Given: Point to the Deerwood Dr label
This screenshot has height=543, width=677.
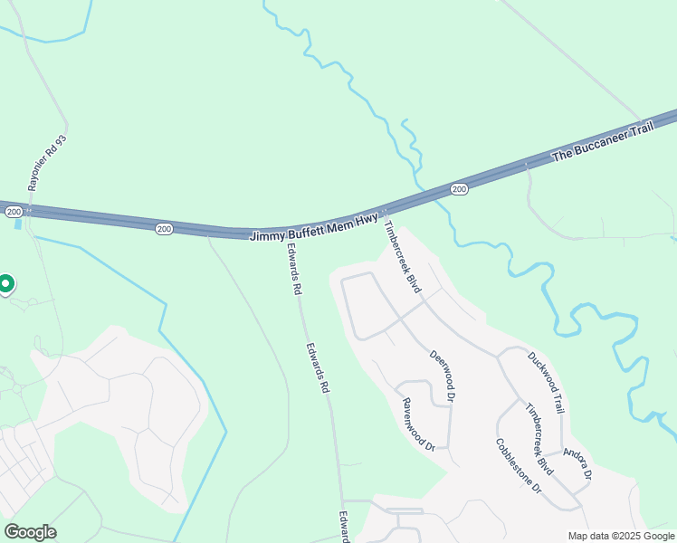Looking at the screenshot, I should (x=442, y=376).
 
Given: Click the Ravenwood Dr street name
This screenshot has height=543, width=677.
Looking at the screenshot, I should (x=419, y=424).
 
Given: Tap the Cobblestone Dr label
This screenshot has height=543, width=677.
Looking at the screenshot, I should (x=518, y=466).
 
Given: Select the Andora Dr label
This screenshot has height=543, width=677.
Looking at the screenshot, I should (x=577, y=463).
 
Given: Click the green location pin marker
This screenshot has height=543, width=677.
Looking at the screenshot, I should (x=5, y=284).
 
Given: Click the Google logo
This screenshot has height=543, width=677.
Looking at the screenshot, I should (x=30, y=532).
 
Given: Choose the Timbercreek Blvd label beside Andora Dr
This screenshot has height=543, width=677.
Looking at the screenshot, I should (x=539, y=438).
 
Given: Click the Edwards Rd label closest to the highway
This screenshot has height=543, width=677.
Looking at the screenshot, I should (x=293, y=270).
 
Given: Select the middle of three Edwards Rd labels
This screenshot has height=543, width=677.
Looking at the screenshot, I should (x=317, y=367).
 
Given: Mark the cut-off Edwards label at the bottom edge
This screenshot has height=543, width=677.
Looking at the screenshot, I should (x=346, y=528).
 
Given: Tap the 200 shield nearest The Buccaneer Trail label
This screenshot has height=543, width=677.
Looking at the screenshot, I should (x=459, y=189).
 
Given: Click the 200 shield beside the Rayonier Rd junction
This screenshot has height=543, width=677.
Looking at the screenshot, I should (x=14, y=211).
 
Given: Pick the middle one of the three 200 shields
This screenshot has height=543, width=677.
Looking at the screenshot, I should (x=163, y=229).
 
